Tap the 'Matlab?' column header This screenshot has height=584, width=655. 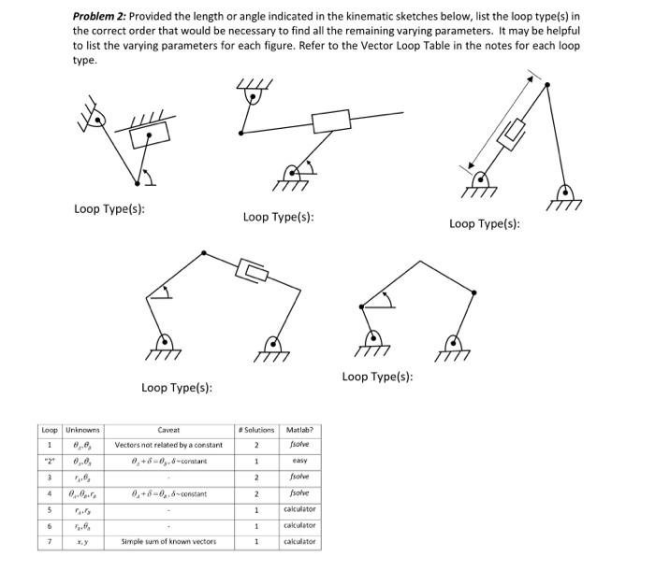(299, 429)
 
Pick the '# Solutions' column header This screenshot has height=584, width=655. (256, 429)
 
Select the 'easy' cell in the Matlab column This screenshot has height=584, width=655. (299, 461)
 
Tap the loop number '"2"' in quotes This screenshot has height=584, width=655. (49, 461)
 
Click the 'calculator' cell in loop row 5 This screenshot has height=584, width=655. (299, 509)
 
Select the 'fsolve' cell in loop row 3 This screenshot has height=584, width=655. (299, 477)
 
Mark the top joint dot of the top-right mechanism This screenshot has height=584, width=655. (546, 84)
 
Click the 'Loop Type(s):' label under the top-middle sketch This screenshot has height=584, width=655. (278, 217)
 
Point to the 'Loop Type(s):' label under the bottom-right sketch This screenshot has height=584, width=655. (377, 377)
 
